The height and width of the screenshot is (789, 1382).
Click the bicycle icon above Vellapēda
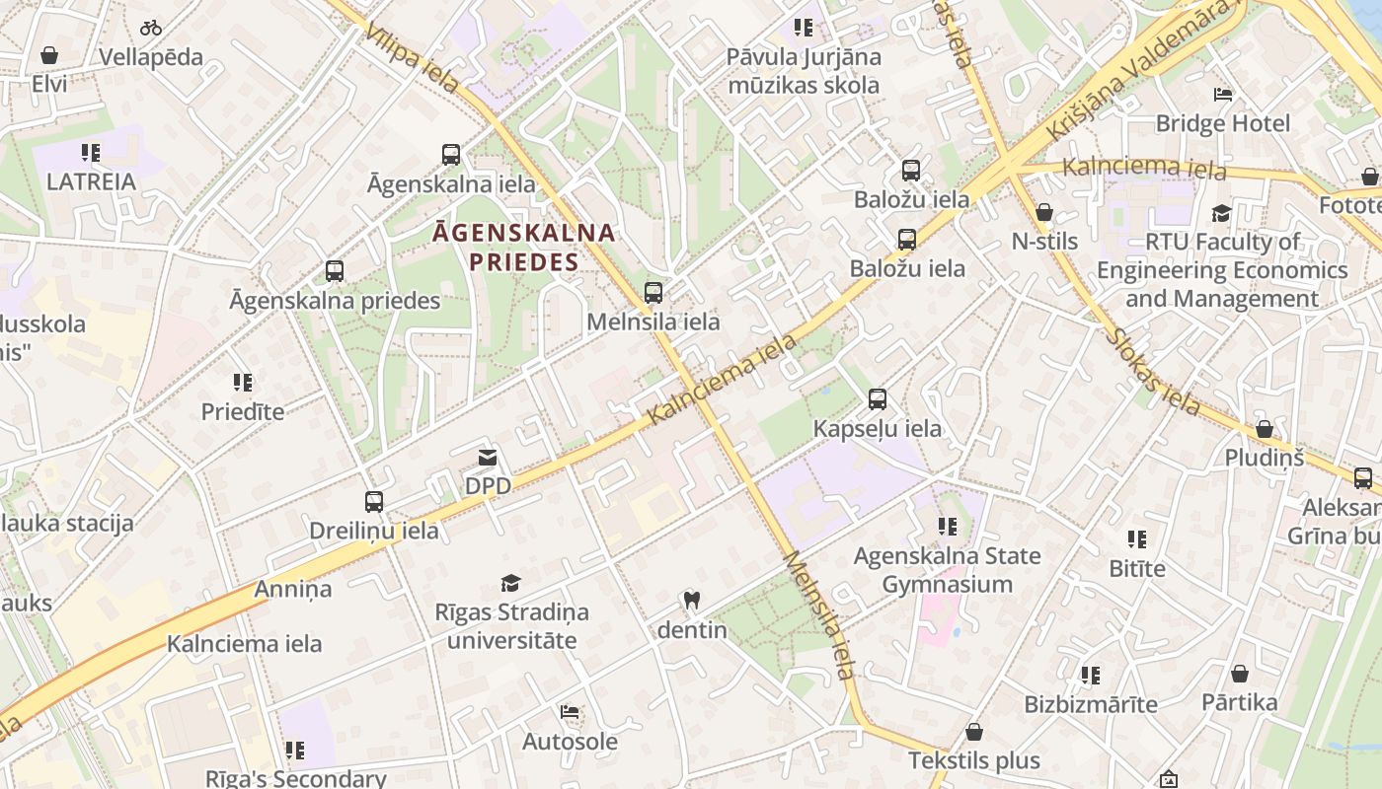click(x=151, y=28)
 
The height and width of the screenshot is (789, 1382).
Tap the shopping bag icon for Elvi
click(x=49, y=55)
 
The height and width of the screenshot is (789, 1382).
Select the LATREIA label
click(x=91, y=181)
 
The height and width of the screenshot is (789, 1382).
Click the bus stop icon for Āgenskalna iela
click(x=451, y=155)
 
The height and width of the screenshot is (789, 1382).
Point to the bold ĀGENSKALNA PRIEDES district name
click(x=524, y=248)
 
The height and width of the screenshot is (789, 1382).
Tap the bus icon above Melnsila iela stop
click(x=653, y=293)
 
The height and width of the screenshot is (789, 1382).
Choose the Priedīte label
click(x=243, y=411)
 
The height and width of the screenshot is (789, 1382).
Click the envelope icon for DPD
click(x=488, y=458)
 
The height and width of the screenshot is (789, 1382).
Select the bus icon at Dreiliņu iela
click(x=374, y=502)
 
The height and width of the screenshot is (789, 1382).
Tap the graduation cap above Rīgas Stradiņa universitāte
click(x=510, y=583)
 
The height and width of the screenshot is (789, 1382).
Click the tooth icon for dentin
click(x=692, y=600)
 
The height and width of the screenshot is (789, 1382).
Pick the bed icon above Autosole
click(x=570, y=712)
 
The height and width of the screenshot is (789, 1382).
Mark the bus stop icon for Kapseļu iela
click(x=878, y=399)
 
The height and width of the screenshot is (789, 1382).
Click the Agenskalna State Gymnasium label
click(x=947, y=570)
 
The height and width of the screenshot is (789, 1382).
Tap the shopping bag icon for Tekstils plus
click(x=974, y=732)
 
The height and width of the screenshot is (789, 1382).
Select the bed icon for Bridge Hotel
click(x=1223, y=95)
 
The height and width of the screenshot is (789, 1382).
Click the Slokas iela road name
click(x=1153, y=372)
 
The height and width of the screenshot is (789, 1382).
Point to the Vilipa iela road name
click(x=411, y=59)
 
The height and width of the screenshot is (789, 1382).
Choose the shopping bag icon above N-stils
click(x=1044, y=212)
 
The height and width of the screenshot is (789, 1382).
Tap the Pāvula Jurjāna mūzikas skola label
click(x=803, y=71)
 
